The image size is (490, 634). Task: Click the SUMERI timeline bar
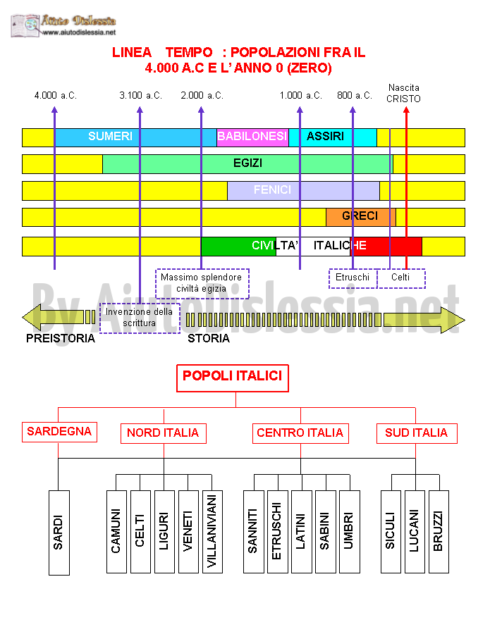pyautogui.click(x=135, y=137)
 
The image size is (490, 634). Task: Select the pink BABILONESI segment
pyautogui.click(x=252, y=137)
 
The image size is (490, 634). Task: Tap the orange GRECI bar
pyautogui.click(x=361, y=217)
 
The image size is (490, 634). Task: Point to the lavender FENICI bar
pyautogui.click(x=303, y=191)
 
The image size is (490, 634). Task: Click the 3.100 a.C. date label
pyautogui.click(x=140, y=95)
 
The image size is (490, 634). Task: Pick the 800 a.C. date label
pyautogui.click(x=355, y=95)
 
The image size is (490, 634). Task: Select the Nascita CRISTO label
pyautogui.click(x=403, y=94)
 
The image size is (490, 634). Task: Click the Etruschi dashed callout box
pyautogui.click(x=353, y=278)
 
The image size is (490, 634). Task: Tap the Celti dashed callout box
pyautogui.click(x=401, y=278)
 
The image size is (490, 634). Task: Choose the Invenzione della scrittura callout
pyautogui.click(x=140, y=318)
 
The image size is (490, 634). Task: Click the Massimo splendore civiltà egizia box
pyautogui.click(x=202, y=283)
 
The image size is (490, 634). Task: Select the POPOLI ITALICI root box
pyautogui.click(x=233, y=378)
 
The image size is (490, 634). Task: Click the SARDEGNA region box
pyautogui.click(x=59, y=432)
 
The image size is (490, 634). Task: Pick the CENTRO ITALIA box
pyautogui.click(x=300, y=433)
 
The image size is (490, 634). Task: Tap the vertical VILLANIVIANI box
pyautogui.click(x=212, y=532)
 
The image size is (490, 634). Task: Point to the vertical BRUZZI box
pyautogui.click(x=439, y=532)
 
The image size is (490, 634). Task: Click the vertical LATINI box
pyautogui.click(x=302, y=532)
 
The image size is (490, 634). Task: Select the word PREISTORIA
pyautogui.click(x=61, y=338)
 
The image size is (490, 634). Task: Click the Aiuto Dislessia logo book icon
pyautogui.click(x=25, y=26)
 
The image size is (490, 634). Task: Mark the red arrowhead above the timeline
pyautogui.click(x=406, y=110)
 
